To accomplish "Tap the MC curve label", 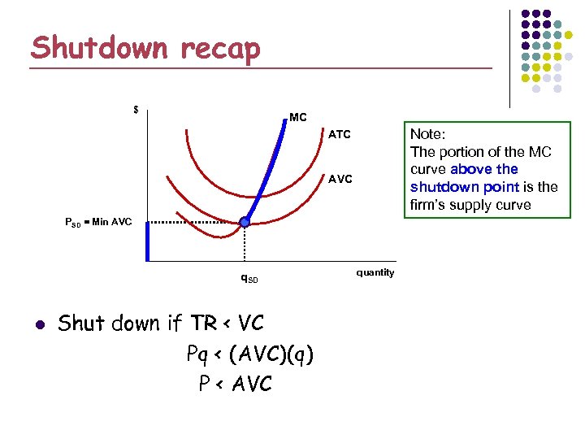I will [x=297, y=118].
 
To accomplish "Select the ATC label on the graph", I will [x=340, y=134].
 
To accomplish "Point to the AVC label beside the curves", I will [x=340, y=179].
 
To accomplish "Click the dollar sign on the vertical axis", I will [x=136, y=110].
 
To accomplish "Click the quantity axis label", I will [x=375, y=272].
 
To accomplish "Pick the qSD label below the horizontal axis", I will [x=249, y=279].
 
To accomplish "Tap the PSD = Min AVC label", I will [x=98, y=221].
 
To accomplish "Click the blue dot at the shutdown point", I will [x=245, y=221].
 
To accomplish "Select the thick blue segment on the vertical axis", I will [x=147, y=242].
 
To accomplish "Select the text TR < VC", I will [x=227, y=324].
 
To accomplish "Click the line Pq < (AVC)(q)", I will [x=249, y=354].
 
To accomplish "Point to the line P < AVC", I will [x=236, y=384].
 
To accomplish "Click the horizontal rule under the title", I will [x=260, y=67].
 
